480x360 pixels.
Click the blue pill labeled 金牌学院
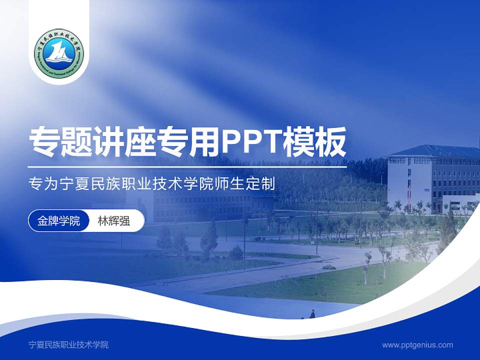(x=58, y=220)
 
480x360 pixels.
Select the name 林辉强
(x=113, y=220)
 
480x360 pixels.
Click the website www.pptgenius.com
(x=417, y=344)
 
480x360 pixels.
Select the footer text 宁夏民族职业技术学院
(x=68, y=344)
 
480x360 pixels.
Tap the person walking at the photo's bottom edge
(x=312, y=314)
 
